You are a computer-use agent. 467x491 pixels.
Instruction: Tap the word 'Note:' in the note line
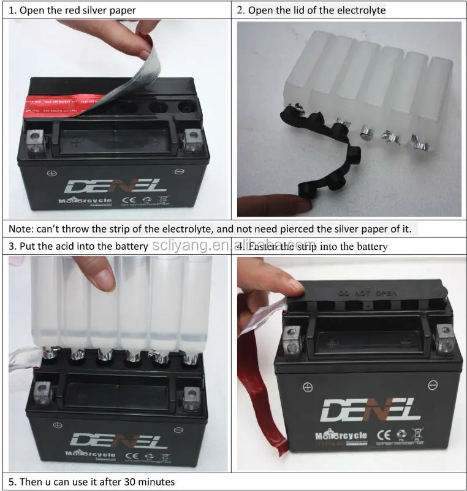(21, 229)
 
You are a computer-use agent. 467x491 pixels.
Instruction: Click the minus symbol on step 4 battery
(433, 385)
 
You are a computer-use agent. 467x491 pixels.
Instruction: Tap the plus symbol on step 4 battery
(307, 388)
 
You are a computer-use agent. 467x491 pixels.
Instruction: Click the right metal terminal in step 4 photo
(444, 334)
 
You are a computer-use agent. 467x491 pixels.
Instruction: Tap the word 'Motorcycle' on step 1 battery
(82, 201)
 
